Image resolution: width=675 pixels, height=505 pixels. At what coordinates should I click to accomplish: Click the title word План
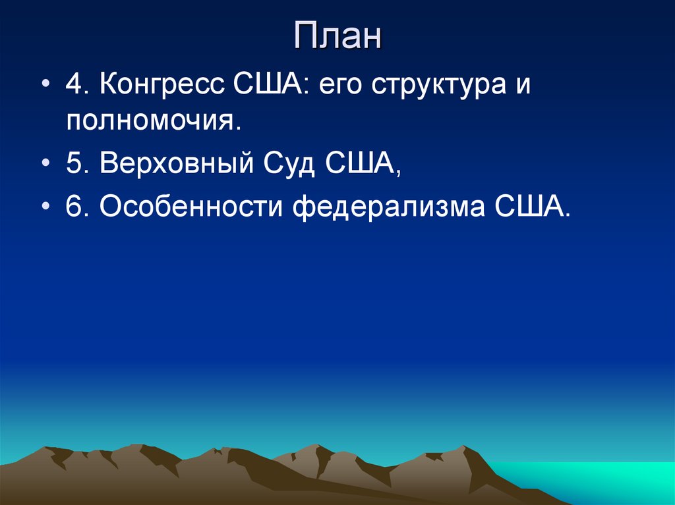[x=337, y=37]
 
